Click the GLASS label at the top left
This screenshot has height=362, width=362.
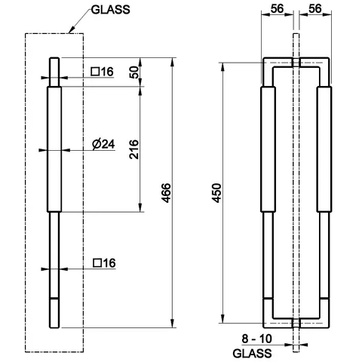(110, 10)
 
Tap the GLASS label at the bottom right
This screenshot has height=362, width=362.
(252, 353)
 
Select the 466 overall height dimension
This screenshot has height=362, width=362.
(166, 193)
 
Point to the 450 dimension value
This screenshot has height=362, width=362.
(216, 193)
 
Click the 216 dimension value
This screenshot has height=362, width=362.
(134, 149)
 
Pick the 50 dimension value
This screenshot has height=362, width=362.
(135, 72)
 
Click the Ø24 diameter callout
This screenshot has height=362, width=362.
(103, 144)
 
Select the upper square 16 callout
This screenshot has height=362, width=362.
(103, 72)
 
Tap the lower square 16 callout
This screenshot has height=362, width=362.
(104, 263)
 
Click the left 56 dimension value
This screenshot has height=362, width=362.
(277, 9)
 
